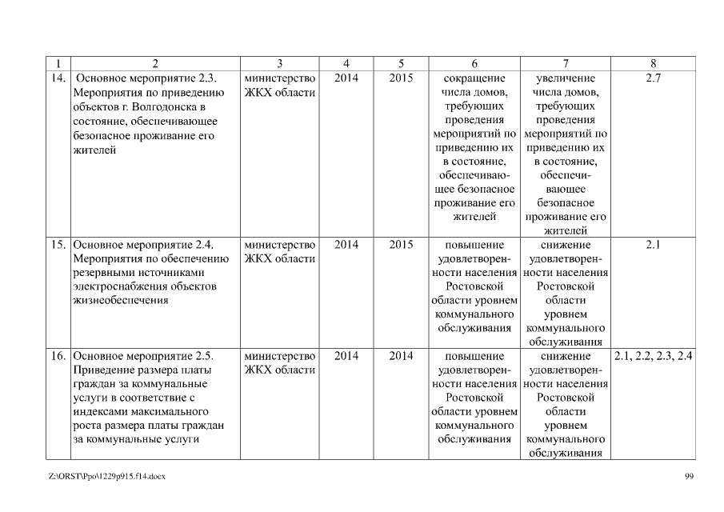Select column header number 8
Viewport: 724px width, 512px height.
[653, 63]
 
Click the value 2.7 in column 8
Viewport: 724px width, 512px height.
[652, 78]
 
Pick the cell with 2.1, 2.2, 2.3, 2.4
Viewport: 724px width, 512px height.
[653, 356]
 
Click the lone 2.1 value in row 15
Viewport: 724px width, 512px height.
[652, 245]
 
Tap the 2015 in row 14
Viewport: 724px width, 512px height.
[401, 78]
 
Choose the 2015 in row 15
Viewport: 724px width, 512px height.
[401, 245]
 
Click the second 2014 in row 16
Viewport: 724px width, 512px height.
[401, 356]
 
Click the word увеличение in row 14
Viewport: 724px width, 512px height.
[566, 78]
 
